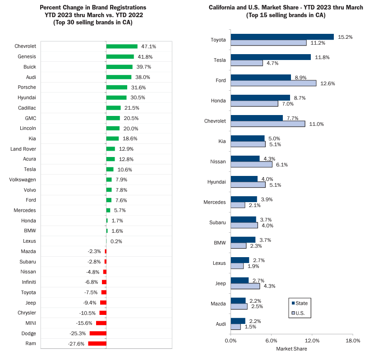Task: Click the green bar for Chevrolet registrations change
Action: pos(122,46)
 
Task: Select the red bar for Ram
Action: pos(97,344)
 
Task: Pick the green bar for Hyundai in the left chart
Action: pos(116,97)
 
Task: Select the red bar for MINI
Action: pos(101,323)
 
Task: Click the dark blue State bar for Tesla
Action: pos(271,57)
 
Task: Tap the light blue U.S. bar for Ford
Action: pos(273,83)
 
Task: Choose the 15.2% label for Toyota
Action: pos(345,37)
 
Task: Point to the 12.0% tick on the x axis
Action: pos(312,341)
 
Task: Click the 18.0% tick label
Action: pos(352,341)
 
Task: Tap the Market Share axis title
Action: pos(291,349)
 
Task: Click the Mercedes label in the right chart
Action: pos(214,202)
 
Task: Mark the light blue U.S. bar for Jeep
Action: pos(245,286)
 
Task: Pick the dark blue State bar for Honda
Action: pos(260,97)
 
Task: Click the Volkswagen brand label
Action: pos(23,180)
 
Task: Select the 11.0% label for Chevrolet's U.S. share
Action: pos(316,124)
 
